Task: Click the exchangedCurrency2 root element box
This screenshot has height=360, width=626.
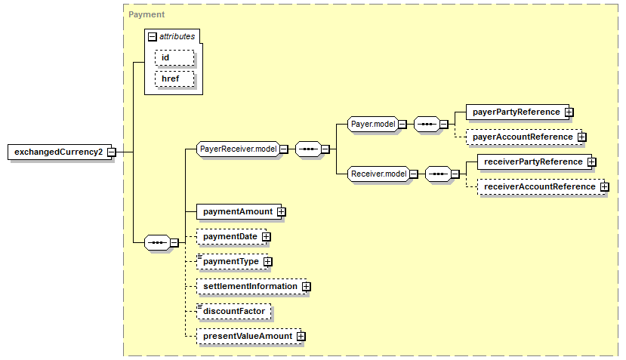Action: point(60,152)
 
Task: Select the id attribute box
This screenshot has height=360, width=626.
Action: point(174,58)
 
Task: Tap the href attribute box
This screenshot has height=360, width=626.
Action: point(174,79)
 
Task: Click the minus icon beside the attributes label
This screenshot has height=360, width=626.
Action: point(152,37)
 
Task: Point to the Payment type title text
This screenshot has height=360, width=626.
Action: point(146,14)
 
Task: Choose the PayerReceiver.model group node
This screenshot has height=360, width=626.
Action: point(239,149)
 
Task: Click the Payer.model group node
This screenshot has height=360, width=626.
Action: point(373,124)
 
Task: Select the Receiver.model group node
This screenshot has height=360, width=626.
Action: point(378,174)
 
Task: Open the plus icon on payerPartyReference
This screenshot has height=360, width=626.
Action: point(569,112)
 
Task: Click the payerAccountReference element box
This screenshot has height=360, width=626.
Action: point(524,137)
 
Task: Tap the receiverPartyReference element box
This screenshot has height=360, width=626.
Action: point(535,162)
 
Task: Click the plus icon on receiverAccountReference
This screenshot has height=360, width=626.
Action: point(605,186)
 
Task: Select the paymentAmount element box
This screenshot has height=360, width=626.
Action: point(239,211)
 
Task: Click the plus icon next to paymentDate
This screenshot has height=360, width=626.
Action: point(267,237)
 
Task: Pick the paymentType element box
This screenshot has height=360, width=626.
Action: point(233,261)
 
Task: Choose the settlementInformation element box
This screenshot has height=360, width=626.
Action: point(251,287)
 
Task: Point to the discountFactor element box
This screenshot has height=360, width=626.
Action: point(233,311)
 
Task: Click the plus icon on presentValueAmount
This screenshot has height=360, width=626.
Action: point(301,337)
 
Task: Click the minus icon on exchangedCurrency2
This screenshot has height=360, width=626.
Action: point(112,152)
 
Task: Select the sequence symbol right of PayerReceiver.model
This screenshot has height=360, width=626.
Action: point(308,149)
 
